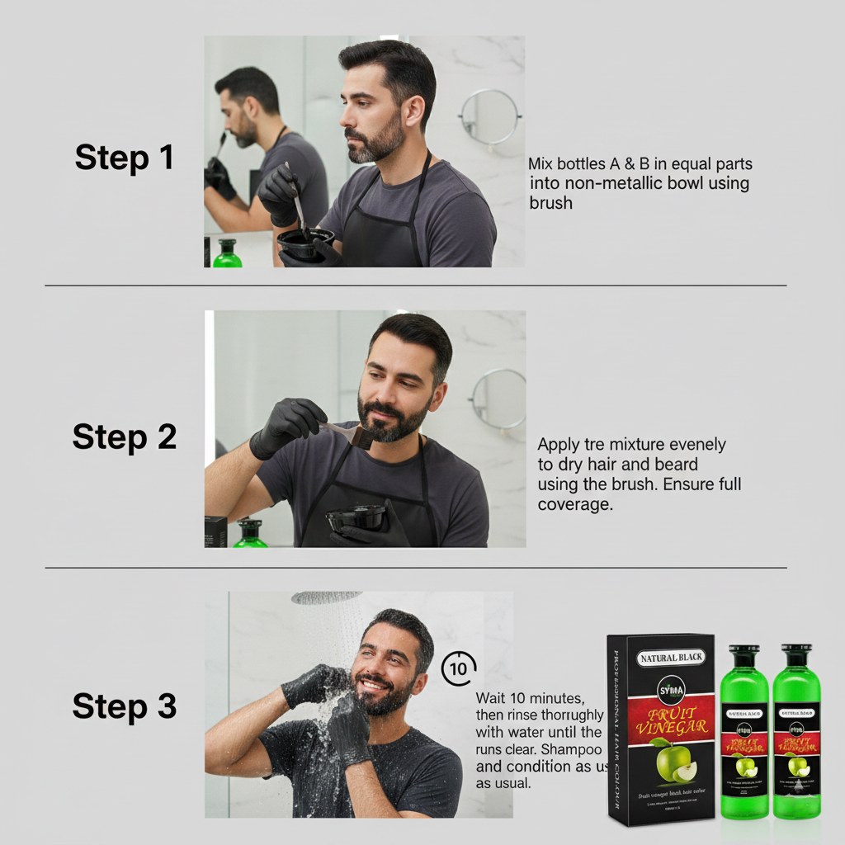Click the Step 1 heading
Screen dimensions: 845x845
click(x=124, y=157)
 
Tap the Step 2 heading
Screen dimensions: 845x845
click(x=124, y=437)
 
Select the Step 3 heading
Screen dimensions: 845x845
click(x=124, y=706)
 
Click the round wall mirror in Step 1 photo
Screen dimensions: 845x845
click(x=489, y=117)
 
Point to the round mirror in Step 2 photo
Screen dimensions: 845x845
click(x=498, y=398)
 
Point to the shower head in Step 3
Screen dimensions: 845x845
click(x=326, y=597)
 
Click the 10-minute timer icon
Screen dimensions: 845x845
click(x=459, y=668)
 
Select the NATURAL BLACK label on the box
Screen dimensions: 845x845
click(x=672, y=658)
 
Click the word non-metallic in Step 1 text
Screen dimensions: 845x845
click(x=604, y=183)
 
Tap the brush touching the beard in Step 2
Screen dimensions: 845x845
click(x=360, y=436)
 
